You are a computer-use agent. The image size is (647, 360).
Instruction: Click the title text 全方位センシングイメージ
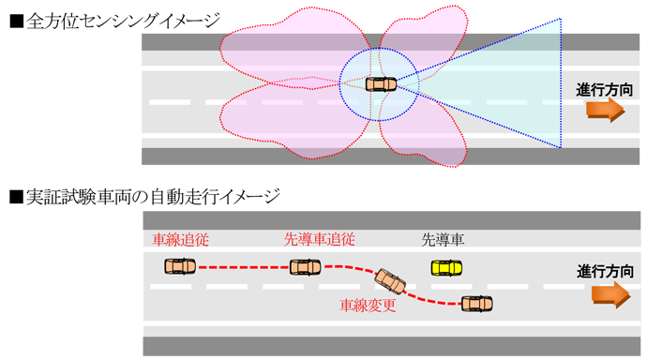pyautogui.click(x=124, y=18)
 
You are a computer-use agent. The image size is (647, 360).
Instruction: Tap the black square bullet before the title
pyautogui.click(x=15, y=19)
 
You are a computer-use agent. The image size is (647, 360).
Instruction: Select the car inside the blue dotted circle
pyautogui.click(x=381, y=83)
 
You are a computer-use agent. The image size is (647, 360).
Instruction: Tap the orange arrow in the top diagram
pyautogui.click(x=605, y=111)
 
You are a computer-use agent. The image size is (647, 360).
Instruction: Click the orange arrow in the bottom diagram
pyautogui.click(x=609, y=294)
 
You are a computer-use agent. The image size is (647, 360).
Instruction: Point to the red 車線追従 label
pyautogui.click(x=175, y=240)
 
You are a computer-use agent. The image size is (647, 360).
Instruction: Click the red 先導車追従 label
pyautogui.click(x=319, y=240)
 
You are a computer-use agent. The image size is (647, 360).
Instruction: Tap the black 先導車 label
pyautogui.click(x=444, y=240)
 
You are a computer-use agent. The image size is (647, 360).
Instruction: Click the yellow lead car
pyautogui.click(x=446, y=267)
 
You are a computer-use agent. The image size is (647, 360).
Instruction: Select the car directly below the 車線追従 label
pyautogui.click(x=179, y=266)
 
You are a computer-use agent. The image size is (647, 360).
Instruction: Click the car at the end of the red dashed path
pyautogui.click(x=476, y=303)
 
